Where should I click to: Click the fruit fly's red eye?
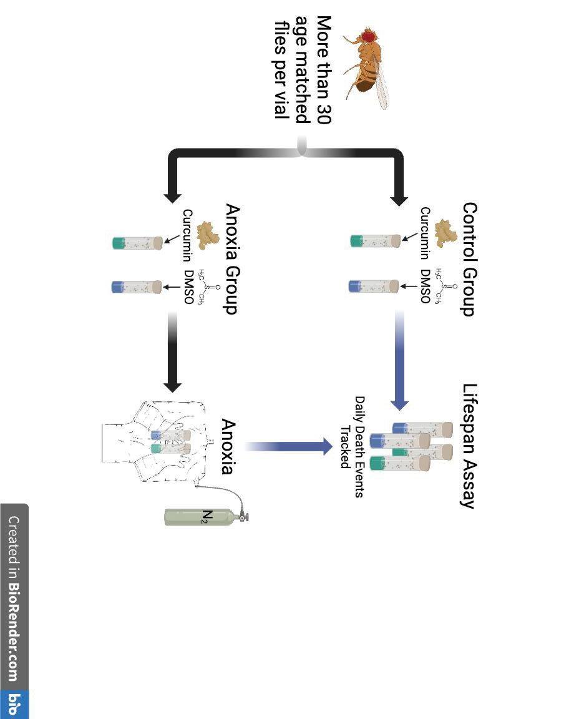(370, 36)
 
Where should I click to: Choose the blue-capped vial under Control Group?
(373, 286)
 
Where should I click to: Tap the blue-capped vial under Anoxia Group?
(137, 287)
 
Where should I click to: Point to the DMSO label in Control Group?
(425, 286)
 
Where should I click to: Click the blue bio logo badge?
(14, 705)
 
